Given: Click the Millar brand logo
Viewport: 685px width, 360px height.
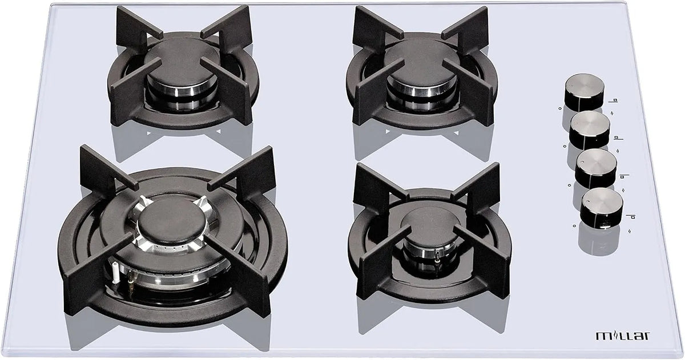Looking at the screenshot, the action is pos(623,335).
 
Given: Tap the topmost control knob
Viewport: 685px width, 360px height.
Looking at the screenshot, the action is pos(585,92).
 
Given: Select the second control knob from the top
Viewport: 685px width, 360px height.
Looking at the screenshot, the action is pos(590,130).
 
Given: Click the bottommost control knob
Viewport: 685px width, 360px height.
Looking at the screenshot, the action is pos(601,208).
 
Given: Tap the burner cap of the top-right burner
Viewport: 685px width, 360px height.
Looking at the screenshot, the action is pos(422,63).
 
